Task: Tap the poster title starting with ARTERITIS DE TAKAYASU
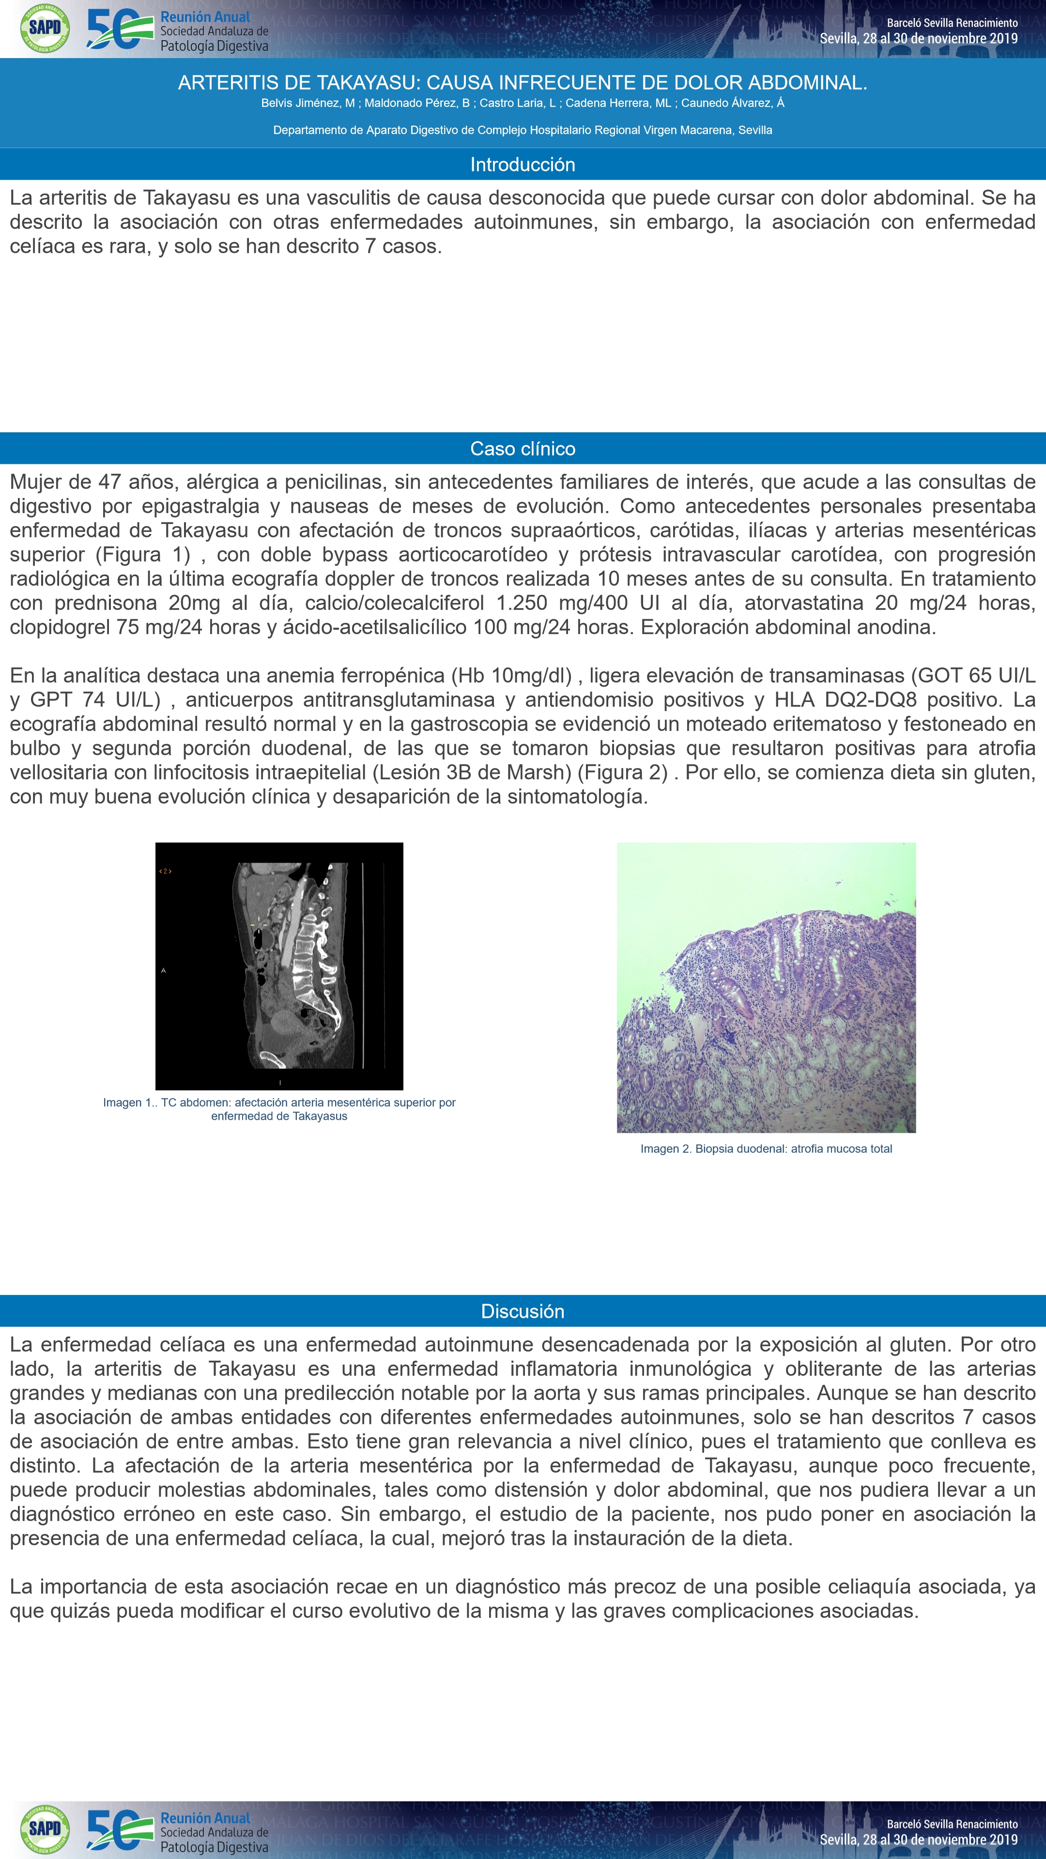coord(523,83)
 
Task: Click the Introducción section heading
coord(523,165)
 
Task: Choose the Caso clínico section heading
coord(523,449)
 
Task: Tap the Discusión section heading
coord(523,1311)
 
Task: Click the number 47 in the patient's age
coord(110,482)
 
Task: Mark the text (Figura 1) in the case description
coord(142,554)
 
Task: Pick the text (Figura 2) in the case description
coord(622,772)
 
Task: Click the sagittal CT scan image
coord(279,966)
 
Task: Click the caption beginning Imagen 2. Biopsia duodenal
coord(766,1149)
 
